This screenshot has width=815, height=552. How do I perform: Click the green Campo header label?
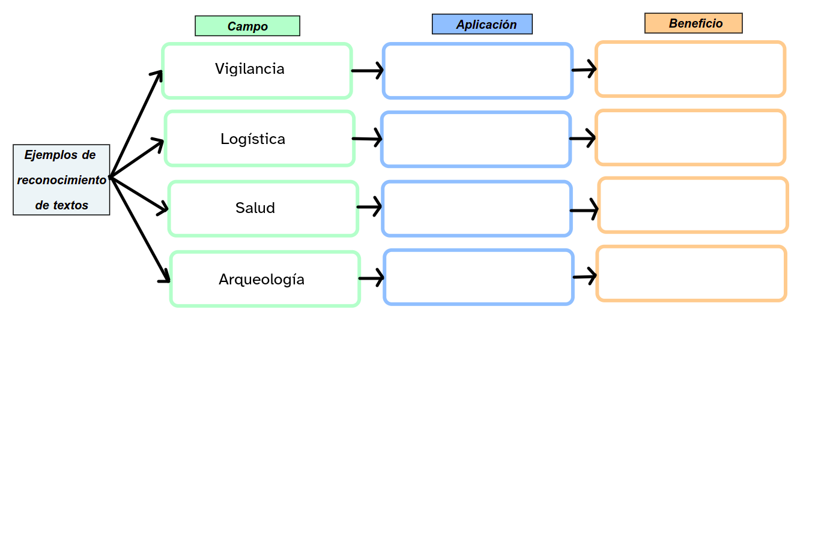(x=247, y=26)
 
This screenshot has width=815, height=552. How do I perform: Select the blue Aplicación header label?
(x=482, y=24)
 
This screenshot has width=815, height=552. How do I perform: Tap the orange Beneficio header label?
(x=694, y=23)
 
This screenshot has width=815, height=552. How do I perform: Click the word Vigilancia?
(x=250, y=69)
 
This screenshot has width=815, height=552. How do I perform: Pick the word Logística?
(x=253, y=139)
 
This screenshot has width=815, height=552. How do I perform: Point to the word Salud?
(x=255, y=208)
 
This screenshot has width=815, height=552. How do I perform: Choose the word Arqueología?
(x=261, y=280)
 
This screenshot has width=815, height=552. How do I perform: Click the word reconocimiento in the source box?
(x=61, y=180)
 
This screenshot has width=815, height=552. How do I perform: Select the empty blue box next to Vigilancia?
(x=478, y=71)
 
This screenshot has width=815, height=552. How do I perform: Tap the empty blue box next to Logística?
(x=476, y=139)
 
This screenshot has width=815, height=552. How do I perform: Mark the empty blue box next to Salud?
(x=477, y=209)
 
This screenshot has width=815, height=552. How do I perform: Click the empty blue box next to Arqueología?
(x=479, y=277)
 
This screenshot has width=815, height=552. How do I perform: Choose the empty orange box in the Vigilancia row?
(x=690, y=69)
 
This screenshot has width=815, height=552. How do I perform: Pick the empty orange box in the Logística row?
(x=690, y=137)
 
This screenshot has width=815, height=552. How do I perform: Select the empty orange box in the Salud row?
(x=693, y=205)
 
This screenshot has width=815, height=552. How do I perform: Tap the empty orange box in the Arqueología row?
(x=691, y=274)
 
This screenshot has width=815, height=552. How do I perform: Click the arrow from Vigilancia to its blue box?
(x=367, y=71)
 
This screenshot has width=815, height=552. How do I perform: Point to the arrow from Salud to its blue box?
(x=369, y=207)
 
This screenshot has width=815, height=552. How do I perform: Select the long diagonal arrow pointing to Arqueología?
(x=140, y=229)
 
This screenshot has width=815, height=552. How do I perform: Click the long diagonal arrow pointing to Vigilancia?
(x=136, y=124)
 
